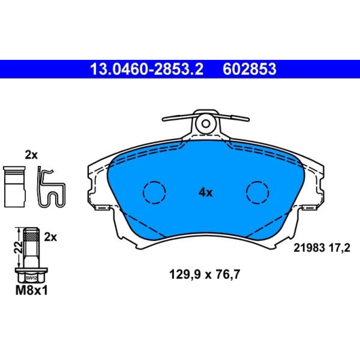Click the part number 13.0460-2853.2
[147, 69]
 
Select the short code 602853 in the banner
[250, 69]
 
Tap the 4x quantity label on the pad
[206, 193]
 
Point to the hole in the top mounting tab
[206, 124]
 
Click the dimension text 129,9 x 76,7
[205, 274]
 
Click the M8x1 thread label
[31, 291]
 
